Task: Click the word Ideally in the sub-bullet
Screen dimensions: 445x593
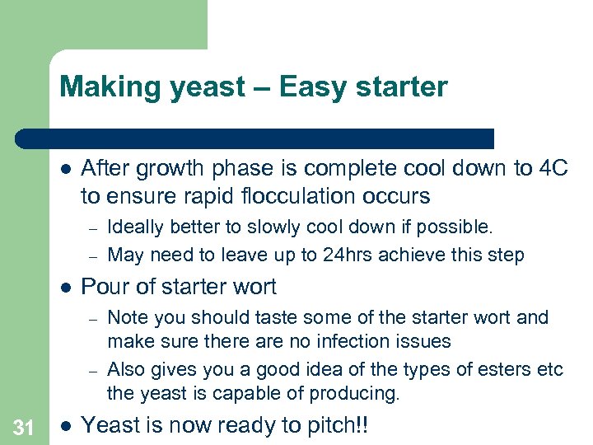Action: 138,227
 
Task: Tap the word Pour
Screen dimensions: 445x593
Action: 105,287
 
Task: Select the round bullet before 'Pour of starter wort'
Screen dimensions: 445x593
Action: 66,288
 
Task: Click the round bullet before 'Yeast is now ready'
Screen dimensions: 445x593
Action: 66,426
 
